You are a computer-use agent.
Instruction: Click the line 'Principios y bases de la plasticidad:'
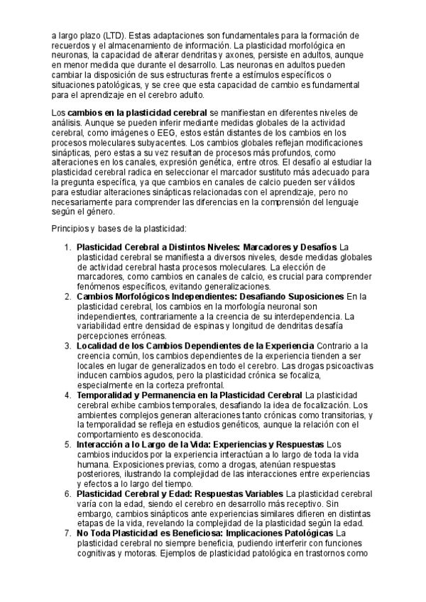[119, 228]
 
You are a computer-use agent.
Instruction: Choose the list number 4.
[67, 395]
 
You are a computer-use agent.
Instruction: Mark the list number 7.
[67, 532]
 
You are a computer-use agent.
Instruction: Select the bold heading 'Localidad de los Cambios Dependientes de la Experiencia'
[195, 346]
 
